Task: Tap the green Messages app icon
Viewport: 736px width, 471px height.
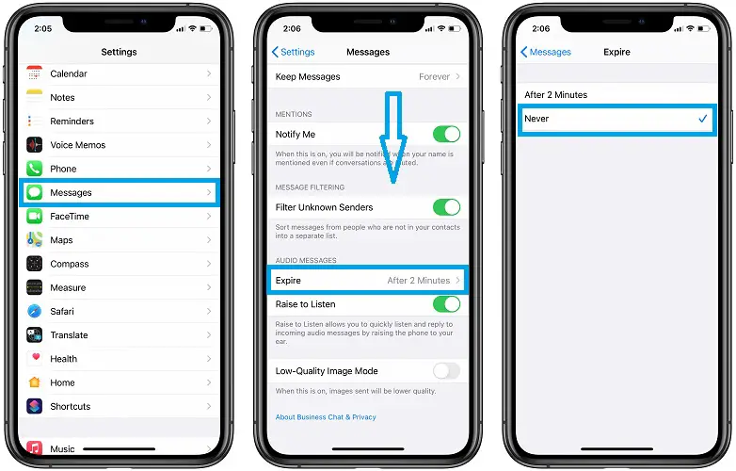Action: pos(34,192)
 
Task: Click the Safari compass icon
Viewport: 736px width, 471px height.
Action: pos(34,312)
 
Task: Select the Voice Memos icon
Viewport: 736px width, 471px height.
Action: pos(34,145)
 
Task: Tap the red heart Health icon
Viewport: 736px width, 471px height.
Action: pos(34,359)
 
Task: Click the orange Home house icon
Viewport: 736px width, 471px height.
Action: pos(34,382)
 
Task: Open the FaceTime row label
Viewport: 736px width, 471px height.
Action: pos(70,217)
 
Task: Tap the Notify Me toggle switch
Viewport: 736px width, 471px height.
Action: pos(446,135)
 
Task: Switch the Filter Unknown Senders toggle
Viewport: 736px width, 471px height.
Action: pos(446,207)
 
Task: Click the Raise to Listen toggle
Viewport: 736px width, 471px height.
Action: pos(446,304)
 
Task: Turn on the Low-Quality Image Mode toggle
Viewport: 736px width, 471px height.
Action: pos(446,371)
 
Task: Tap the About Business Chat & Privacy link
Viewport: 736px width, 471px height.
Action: pos(326,417)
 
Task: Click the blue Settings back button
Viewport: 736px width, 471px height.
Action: pos(294,52)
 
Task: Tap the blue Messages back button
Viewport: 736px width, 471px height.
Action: pos(546,52)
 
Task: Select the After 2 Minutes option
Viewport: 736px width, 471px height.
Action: pos(555,95)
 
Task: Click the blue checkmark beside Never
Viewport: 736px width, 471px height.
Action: pos(703,119)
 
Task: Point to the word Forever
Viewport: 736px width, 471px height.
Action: pos(434,76)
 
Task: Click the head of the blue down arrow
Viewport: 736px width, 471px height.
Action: pos(393,159)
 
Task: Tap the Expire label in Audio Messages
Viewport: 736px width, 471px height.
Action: pos(288,281)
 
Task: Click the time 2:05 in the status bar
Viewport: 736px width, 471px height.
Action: pos(43,28)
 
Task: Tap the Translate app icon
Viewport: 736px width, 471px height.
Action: pos(34,334)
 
